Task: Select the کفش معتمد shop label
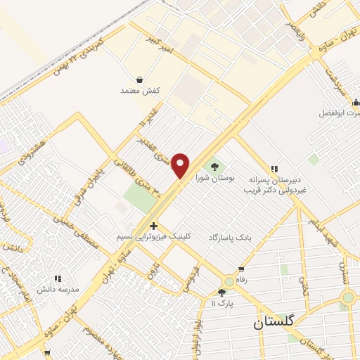pos(140,91)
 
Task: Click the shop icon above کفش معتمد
pos(140,80)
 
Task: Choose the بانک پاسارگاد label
pos(229,238)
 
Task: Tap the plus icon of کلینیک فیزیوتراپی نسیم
pos(153,226)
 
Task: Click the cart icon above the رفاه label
pos(241,269)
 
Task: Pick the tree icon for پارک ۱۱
pos(221,292)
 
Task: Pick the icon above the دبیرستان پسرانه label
pos(274,169)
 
